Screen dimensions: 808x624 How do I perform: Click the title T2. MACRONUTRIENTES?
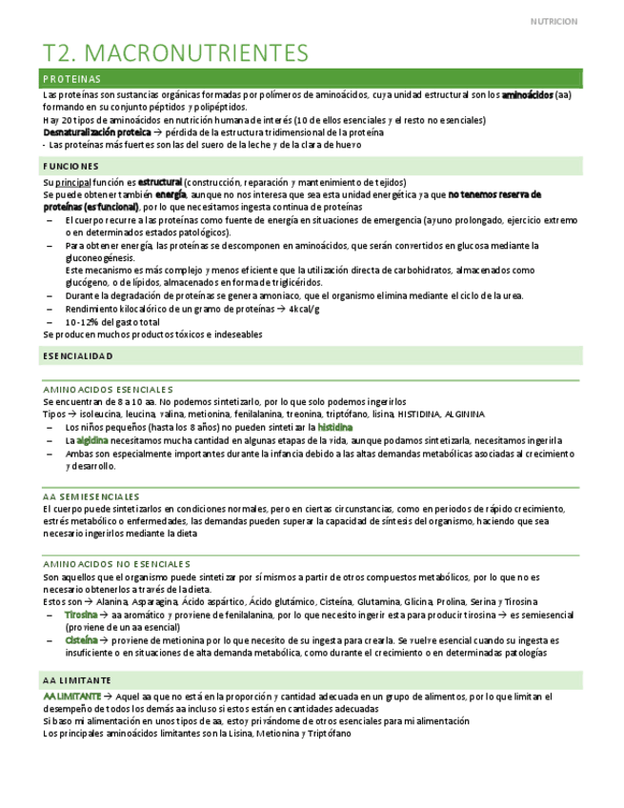tap(176, 51)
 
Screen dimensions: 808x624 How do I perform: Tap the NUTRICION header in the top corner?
tap(554, 21)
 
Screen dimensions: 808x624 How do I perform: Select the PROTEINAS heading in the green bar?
tap(72, 79)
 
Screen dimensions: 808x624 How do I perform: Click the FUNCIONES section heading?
tap(71, 167)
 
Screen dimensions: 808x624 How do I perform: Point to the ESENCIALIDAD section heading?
tap(78, 355)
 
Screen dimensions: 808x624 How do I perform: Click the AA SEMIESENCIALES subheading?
tap(91, 496)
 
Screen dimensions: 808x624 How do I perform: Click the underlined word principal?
tap(79, 182)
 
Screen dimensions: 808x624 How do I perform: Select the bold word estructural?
tap(159, 182)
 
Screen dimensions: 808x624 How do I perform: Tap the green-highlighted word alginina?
tap(92, 440)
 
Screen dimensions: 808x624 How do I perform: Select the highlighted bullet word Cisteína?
tap(81, 640)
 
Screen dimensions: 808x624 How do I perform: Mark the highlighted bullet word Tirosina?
tap(81, 616)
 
